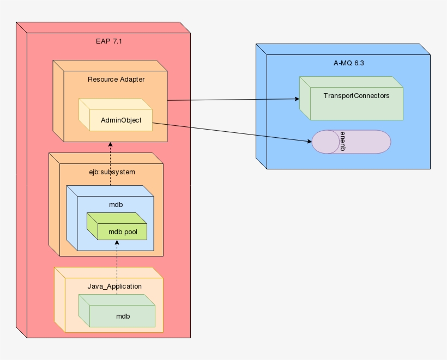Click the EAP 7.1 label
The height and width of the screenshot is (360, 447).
[108, 41]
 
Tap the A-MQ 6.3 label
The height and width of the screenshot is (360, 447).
[348, 63]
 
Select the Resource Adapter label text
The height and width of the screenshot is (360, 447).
[116, 79]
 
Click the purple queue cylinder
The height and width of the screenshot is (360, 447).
[360, 142]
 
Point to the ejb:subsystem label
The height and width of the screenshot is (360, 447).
[112, 172]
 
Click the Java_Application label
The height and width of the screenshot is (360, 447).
[114, 286]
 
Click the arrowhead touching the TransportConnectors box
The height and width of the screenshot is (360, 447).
[297, 99]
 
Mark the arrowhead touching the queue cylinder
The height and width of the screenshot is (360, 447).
[309, 142]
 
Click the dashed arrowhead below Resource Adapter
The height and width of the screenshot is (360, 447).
[110, 145]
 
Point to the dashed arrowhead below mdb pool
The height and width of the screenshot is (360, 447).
[117, 243]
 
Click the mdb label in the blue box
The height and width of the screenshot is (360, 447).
[116, 204]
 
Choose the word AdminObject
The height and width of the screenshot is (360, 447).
[121, 120]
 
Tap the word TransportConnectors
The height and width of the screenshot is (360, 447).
[357, 95]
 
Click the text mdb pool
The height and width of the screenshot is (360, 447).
[123, 231]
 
